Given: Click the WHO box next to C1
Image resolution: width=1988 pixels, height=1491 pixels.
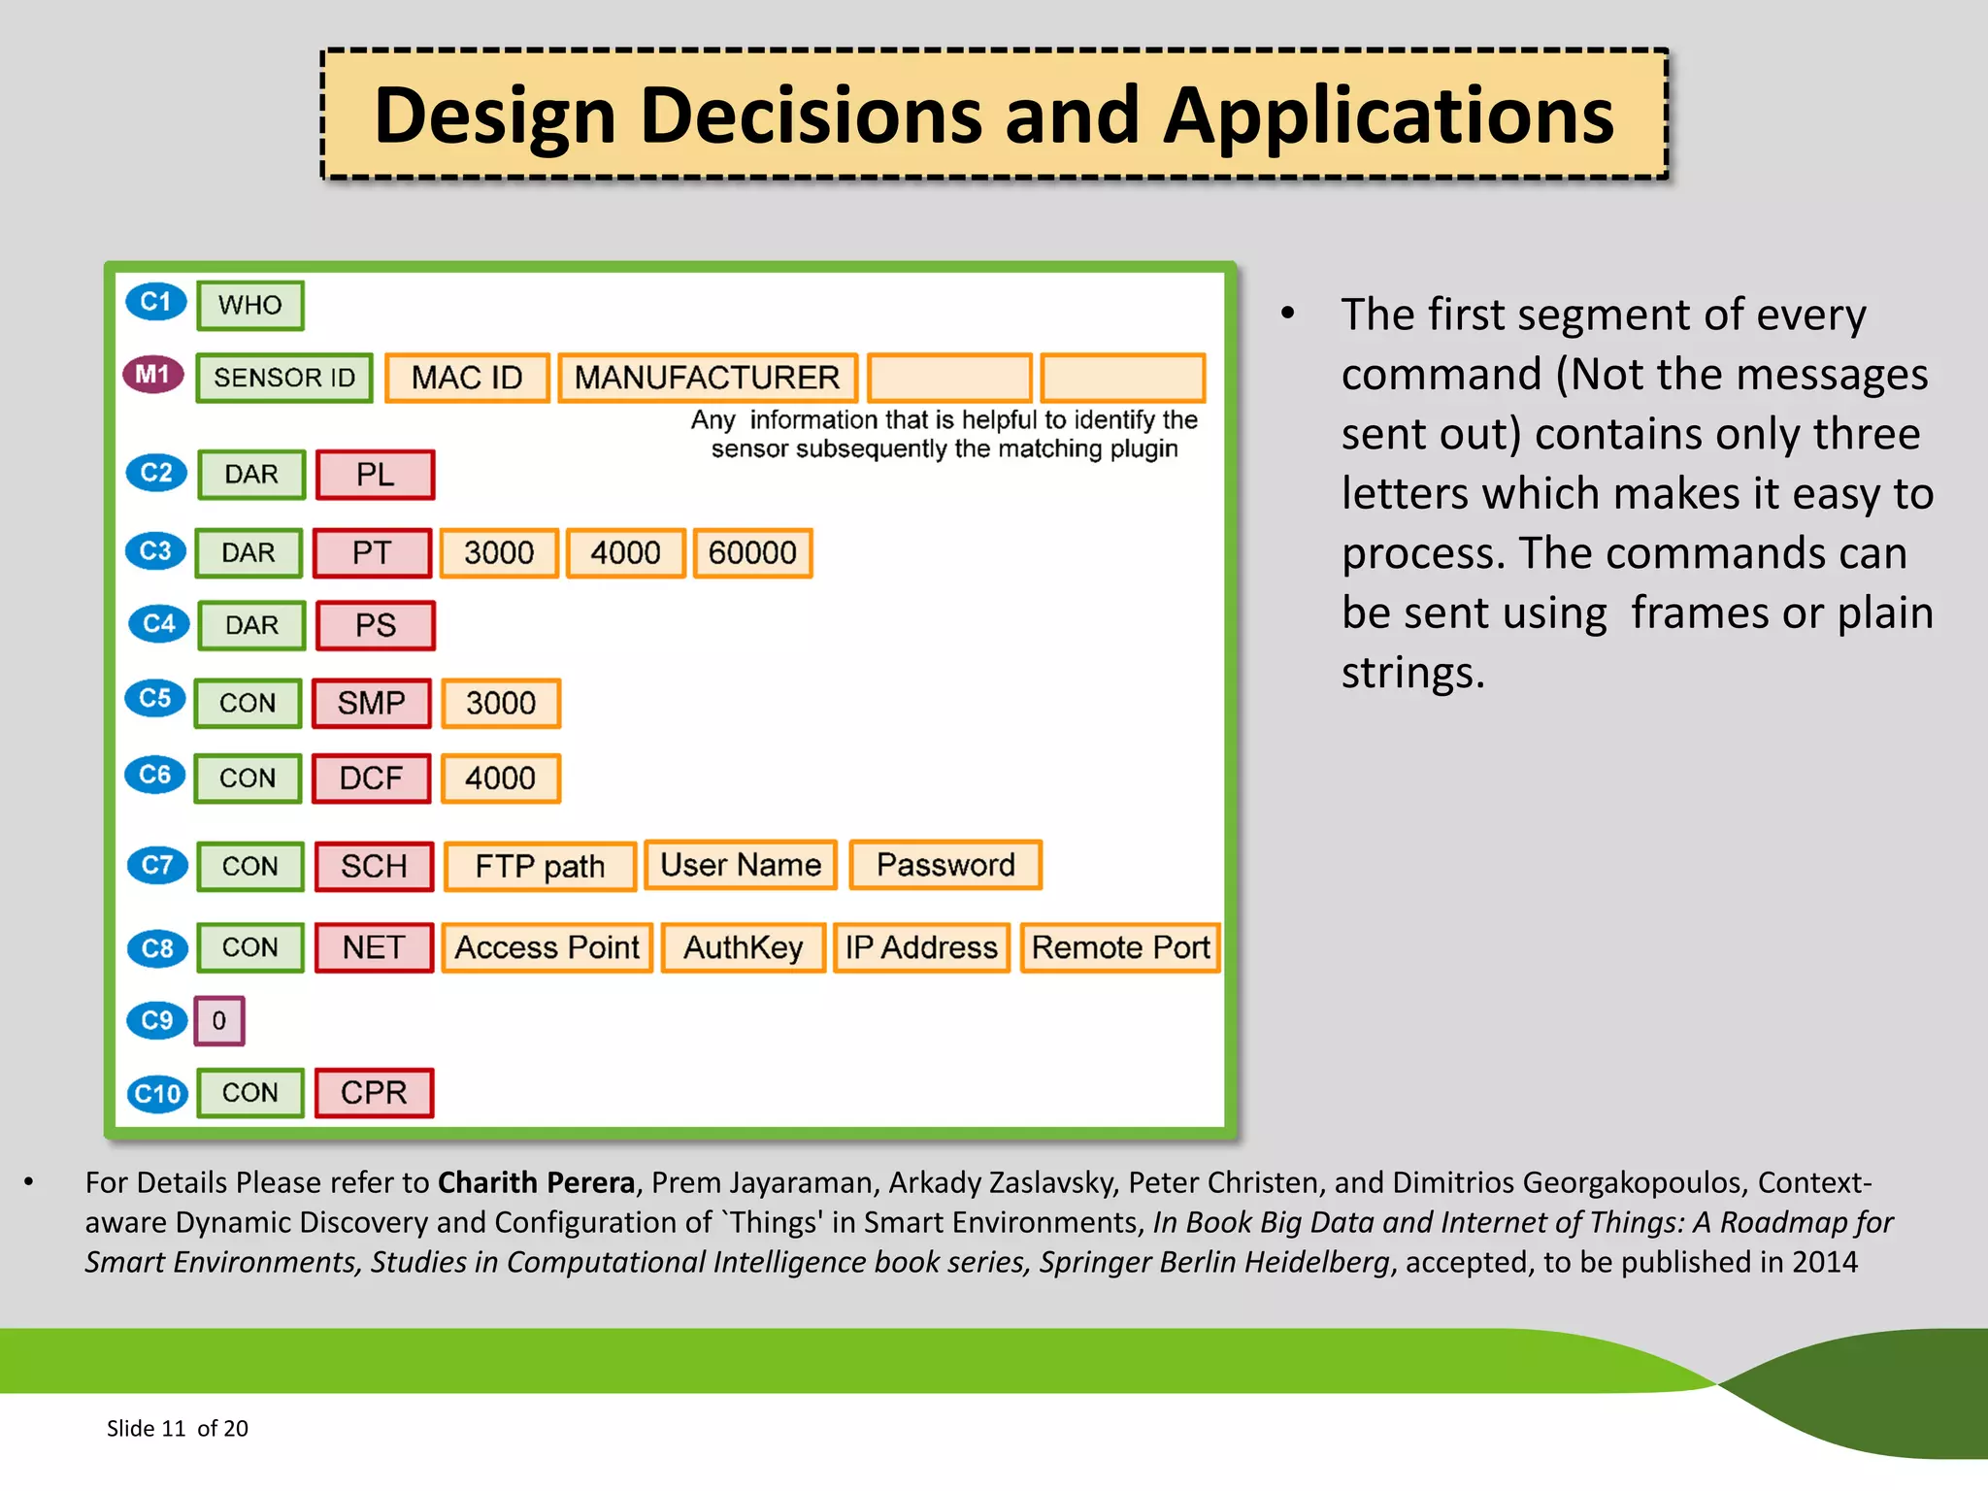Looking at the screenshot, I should coord(250,306).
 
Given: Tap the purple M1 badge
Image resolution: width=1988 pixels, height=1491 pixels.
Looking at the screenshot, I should coord(153,375).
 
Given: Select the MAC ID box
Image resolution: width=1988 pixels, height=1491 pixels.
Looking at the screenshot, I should coord(467,378).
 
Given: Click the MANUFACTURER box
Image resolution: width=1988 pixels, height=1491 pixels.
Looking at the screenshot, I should coord(708,378).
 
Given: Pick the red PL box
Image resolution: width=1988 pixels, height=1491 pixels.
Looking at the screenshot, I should coord(375,475).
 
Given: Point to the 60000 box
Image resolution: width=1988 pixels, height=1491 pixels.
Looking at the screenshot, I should coord(752,553).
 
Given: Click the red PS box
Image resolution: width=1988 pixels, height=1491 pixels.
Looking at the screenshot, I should coord(375,625).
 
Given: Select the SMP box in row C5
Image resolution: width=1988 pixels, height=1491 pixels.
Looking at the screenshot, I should coord(371,703).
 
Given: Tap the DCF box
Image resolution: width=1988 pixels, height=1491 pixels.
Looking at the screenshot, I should coord(371,779).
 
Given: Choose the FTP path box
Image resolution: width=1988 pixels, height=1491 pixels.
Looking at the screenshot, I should coord(540,866).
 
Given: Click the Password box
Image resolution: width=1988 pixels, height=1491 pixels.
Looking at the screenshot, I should coord(945,865).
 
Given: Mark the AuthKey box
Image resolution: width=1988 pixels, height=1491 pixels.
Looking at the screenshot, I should coord(744,947).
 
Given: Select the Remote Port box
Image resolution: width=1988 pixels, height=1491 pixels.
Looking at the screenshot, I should coord(1120,947).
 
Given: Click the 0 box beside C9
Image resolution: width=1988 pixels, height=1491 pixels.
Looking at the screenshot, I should coord(219,1021).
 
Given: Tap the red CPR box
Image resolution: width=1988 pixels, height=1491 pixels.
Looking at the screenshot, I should coord(374,1093).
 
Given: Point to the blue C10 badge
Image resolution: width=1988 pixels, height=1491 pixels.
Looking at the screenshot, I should coord(157,1094).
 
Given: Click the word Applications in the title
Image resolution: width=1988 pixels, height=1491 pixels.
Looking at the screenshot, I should coord(1388,116).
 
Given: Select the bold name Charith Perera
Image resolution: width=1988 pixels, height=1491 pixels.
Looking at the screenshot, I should coord(536,1182).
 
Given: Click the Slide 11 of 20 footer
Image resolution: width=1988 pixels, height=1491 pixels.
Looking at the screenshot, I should coord(178,1428).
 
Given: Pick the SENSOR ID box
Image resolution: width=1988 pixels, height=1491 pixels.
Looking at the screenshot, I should coord(284,378).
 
